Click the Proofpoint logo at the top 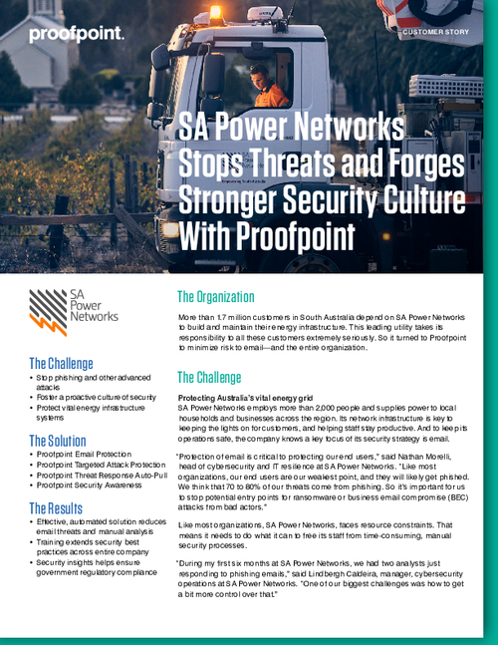coord(77,34)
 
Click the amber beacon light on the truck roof coord(216,13)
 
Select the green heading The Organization coord(228,297)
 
